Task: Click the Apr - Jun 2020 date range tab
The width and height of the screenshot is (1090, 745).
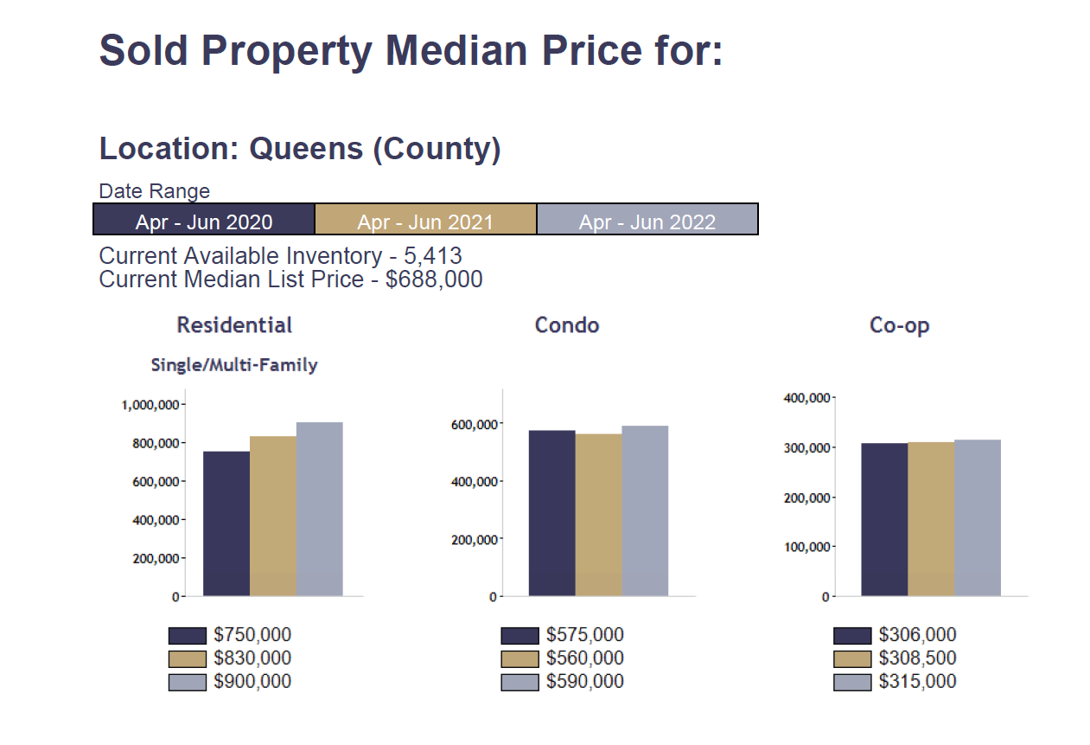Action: click(x=204, y=221)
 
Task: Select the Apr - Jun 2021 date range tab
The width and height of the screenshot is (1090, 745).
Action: click(x=425, y=221)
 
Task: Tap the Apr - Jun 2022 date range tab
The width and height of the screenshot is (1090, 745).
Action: click(x=647, y=221)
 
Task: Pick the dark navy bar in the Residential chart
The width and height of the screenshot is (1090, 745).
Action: click(x=226, y=523)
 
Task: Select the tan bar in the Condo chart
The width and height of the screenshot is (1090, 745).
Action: click(x=598, y=515)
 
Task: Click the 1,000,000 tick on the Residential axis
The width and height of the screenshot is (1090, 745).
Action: click(x=150, y=405)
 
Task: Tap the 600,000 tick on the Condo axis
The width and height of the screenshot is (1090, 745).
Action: click(x=475, y=424)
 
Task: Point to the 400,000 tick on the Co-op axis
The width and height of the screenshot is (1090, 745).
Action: click(x=806, y=398)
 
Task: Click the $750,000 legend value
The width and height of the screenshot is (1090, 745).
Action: click(x=252, y=636)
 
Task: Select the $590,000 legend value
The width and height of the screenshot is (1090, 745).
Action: click(x=584, y=682)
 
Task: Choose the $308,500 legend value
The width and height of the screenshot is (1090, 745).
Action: click(x=917, y=658)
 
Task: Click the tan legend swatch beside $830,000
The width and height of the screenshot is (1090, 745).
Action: click(x=188, y=658)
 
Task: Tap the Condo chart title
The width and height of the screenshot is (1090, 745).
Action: click(x=567, y=325)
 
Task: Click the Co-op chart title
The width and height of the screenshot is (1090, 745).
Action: click(x=899, y=325)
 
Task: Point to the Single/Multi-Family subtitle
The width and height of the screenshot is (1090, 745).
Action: click(x=234, y=365)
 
